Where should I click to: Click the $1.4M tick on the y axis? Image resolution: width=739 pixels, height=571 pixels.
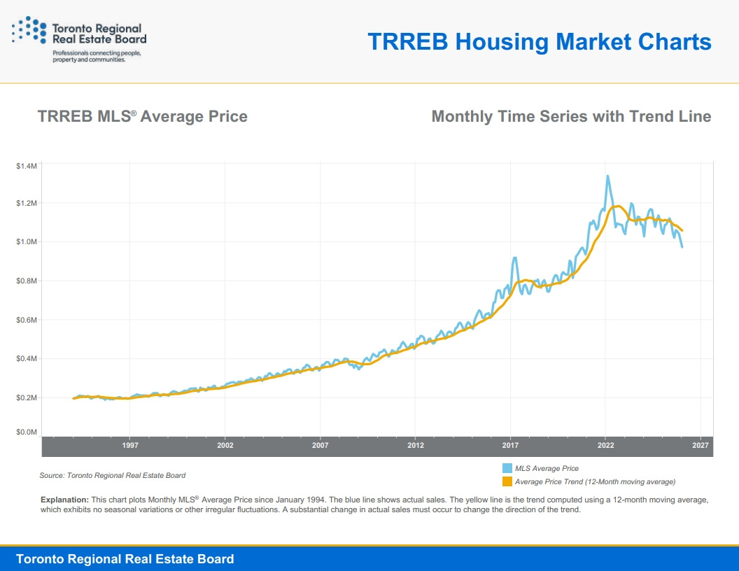click(27, 166)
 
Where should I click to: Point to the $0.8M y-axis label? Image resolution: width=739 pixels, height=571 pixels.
click(27, 281)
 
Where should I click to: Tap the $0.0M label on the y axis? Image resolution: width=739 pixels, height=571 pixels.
click(27, 432)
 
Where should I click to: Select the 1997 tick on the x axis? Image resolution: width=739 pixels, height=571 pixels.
click(130, 446)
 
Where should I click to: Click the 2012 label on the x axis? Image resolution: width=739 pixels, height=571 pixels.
click(416, 446)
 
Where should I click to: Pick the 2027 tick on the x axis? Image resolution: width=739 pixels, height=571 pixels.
click(701, 446)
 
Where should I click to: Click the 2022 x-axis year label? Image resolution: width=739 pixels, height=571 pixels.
click(605, 446)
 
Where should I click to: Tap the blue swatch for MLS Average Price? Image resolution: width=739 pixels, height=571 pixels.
click(507, 468)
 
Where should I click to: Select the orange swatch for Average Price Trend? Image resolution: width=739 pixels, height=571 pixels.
click(507, 481)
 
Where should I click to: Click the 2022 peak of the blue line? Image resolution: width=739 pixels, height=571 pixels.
click(607, 176)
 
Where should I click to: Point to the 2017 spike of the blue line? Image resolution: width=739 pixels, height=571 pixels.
click(515, 258)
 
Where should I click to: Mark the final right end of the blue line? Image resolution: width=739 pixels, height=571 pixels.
click(682, 246)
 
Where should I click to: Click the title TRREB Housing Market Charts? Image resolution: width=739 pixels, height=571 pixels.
click(539, 42)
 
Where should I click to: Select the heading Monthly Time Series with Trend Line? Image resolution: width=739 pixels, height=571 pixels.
click(571, 116)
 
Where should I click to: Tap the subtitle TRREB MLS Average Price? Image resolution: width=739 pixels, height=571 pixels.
click(142, 116)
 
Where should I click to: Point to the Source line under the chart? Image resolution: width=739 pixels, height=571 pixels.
click(112, 475)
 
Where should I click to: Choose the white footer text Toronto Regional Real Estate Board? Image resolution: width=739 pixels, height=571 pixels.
click(125, 558)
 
